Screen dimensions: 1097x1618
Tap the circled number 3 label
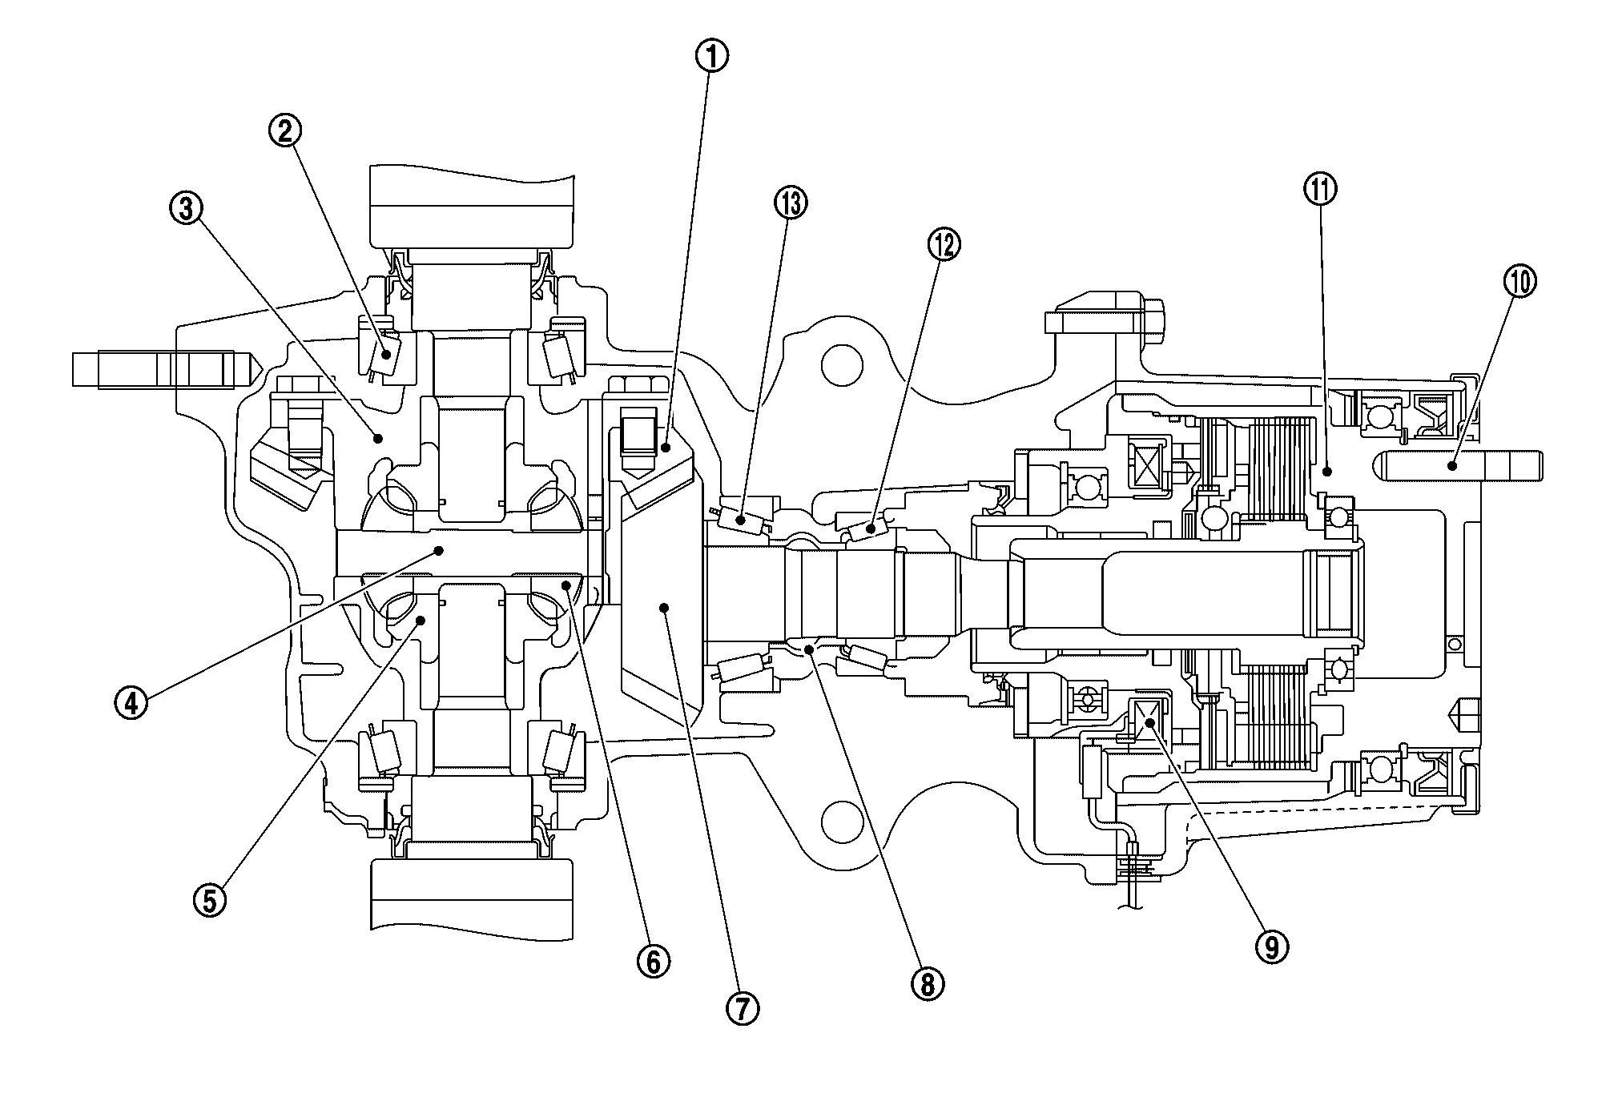(x=186, y=210)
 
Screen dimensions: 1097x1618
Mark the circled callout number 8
(x=928, y=985)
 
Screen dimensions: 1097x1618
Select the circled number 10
(x=1520, y=282)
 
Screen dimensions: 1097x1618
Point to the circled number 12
(x=944, y=245)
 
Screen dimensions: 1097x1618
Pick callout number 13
(x=791, y=204)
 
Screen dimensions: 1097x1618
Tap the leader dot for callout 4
(x=439, y=550)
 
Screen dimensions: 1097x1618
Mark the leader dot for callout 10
(x=1450, y=464)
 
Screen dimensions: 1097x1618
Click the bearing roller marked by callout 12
(x=871, y=528)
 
